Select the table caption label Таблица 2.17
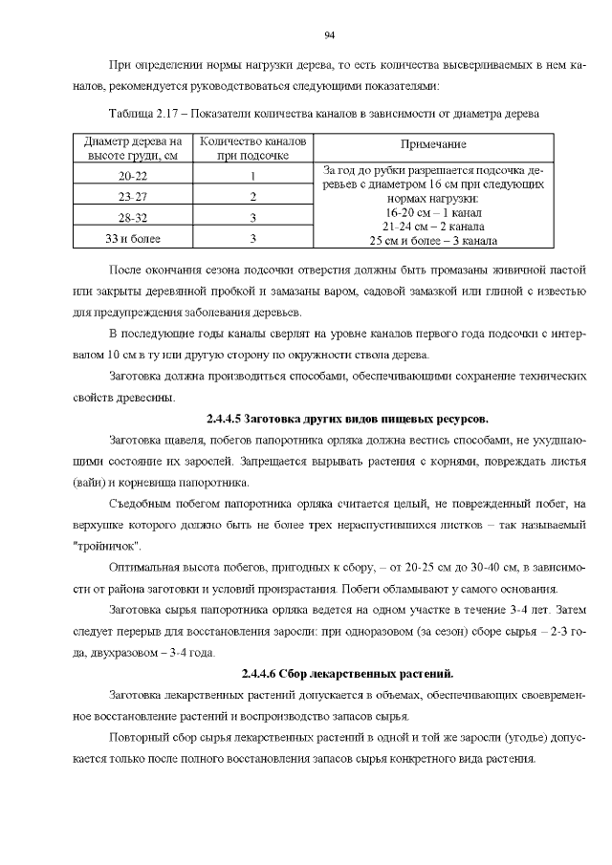[x=144, y=114]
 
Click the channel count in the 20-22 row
[x=252, y=176]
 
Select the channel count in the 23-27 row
[x=252, y=196]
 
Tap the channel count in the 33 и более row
[x=252, y=238]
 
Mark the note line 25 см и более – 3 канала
[x=428, y=241]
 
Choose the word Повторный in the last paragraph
[x=140, y=739]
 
